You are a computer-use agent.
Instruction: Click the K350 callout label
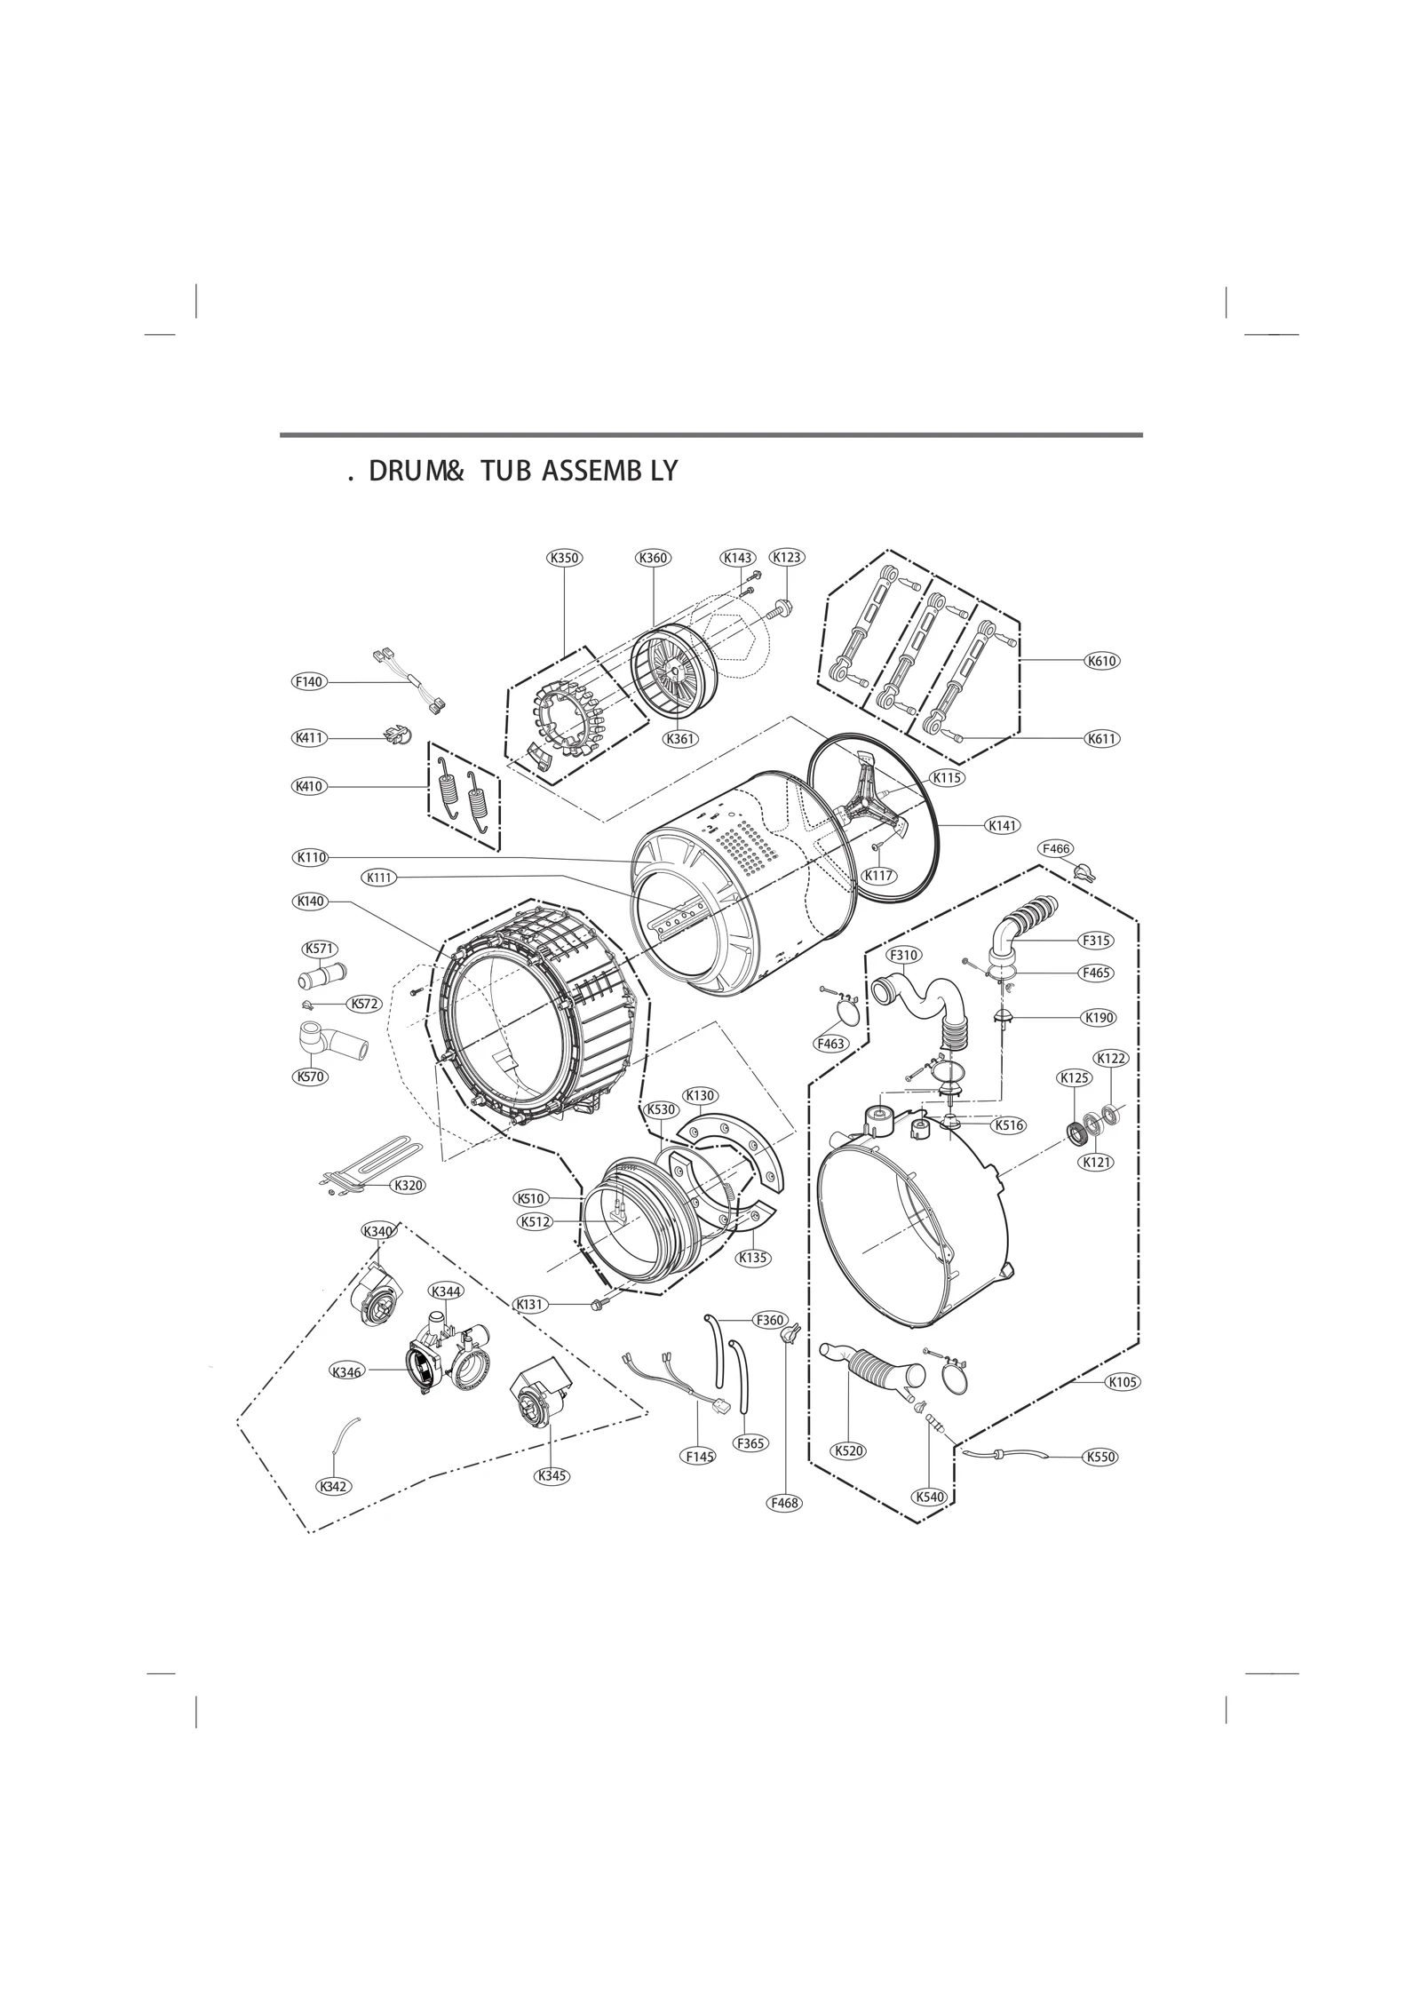564,558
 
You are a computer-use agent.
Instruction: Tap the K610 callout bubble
1101,661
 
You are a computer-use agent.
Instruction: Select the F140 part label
309,681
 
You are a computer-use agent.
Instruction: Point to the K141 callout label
1003,825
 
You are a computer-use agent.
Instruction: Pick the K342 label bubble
332,1486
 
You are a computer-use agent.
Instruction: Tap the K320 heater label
409,1185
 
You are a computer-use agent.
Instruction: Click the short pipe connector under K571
322,976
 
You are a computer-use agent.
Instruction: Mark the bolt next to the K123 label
782,609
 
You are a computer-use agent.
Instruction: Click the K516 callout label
1010,1124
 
